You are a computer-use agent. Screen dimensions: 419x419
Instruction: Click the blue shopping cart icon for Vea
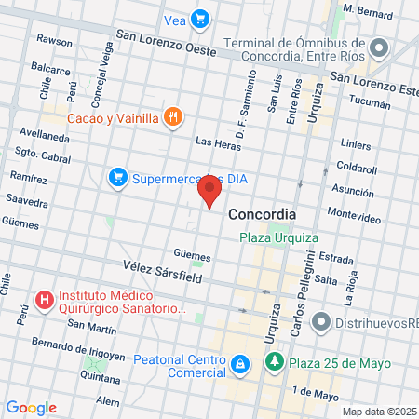pyautogui.click(x=199, y=18)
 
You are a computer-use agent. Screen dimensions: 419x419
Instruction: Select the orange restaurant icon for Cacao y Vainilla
pyautogui.click(x=171, y=116)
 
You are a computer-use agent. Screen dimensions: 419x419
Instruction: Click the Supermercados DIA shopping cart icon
pyautogui.click(x=117, y=177)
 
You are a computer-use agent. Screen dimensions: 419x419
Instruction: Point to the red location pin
pyautogui.click(x=210, y=193)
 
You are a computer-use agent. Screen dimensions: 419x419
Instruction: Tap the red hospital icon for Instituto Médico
pyautogui.click(x=42, y=300)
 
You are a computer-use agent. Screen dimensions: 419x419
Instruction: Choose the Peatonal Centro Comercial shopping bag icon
pyautogui.click(x=239, y=362)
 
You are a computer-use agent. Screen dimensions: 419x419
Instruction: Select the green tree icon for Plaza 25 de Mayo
pyautogui.click(x=274, y=361)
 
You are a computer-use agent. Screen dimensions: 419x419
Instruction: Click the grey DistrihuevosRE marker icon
pyautogui.click(x=321, y=322)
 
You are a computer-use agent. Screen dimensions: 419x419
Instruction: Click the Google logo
pyautogui.click(x=31, y=408)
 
